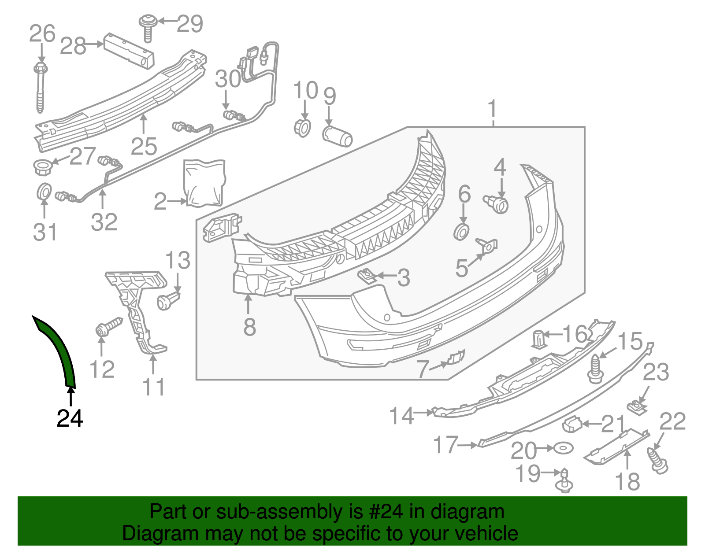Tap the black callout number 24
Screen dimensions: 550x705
coord(70,418)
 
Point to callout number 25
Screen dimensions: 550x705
coord(144,146)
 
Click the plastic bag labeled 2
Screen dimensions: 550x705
coord(204,182)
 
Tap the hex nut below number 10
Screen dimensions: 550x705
coord(302,127)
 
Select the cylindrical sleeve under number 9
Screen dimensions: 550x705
coord(338,136)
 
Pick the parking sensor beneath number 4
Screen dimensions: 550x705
coord(497,204)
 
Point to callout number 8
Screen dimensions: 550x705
coord(249,327)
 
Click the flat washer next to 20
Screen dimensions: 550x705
coord(564,448)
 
